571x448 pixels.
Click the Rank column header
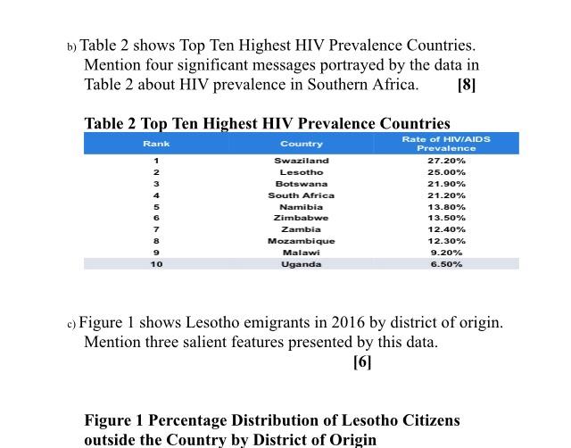(x=156, y=144)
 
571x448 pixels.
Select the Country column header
(x=302, y=144)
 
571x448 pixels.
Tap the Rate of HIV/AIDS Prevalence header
(x=446, y=144)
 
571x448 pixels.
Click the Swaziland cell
(x=302, y=161)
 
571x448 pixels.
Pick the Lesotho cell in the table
(x=302, y=172)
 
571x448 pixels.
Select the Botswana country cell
(x=302, y=184)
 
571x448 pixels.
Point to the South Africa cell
(x=302, y=195)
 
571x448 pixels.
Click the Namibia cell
(x=302, y=207)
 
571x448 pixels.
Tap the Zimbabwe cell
(x=302, y=218)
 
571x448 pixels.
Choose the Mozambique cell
(x=302, y=241)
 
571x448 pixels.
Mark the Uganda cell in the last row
(x=302, y=264)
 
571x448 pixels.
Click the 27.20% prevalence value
(x=446, y=161)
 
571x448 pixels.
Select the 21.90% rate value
(x=446, y=184)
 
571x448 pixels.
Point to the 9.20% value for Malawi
(x=446, y=253)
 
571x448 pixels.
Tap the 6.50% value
(x=446, y=264)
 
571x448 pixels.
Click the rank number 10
(x=156, y=264)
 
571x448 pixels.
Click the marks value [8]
(x=466, y=85)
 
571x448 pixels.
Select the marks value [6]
(x=362, y=361)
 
